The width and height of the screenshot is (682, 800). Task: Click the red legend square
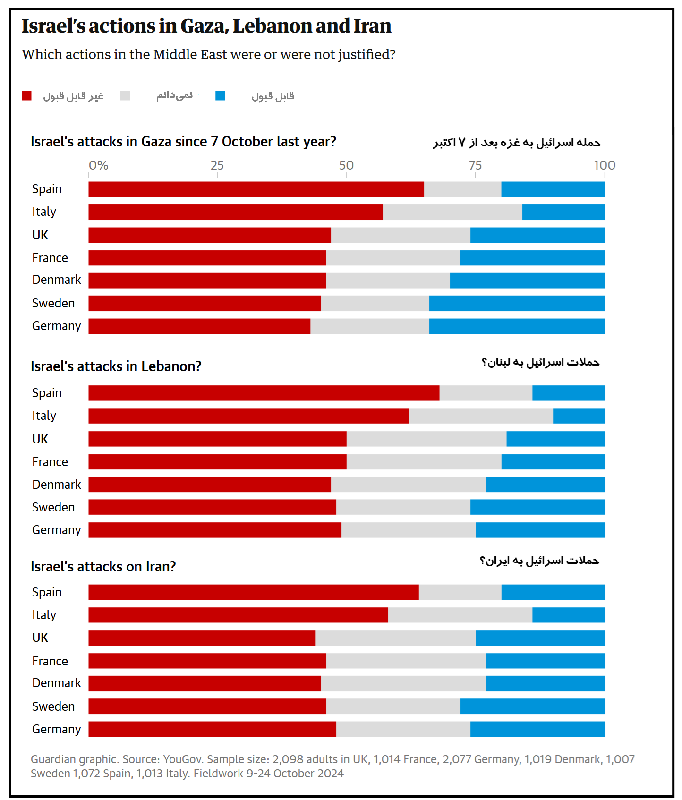[x=26, y=96]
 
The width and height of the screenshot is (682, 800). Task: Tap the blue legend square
[x=220, y=96]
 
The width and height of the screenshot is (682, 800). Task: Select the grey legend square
[x=125, y=96]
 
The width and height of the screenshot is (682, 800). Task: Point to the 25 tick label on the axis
[x=217, y=165]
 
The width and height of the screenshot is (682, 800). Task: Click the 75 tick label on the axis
[x=475, y=165]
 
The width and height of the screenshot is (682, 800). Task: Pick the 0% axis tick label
[x=99, y=165]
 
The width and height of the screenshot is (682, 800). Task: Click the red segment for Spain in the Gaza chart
[x=256, y=189]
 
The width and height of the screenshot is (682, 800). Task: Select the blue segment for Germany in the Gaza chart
[x=517, y=326]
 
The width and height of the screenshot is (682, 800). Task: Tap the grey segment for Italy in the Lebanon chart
[x=481, y=416]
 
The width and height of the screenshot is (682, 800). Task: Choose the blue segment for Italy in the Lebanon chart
[x=579, y=416]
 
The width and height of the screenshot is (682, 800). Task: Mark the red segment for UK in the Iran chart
[x=202, y=638]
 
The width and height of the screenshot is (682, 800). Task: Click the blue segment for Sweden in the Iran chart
[x=532, y=706]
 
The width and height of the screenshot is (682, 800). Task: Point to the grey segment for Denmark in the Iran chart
[x=403, y=683]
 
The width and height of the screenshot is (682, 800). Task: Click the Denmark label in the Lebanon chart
[x=57, y=485]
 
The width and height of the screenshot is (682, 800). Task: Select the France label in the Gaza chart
[x=50, y=258]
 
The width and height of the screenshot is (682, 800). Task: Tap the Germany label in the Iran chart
[x=57, y=729]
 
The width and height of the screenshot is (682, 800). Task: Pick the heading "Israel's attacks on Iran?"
[x=103, y=566]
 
